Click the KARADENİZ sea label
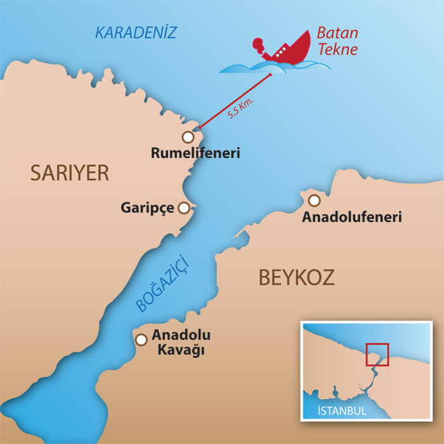click(135, 32)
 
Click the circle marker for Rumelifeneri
click(187, 136)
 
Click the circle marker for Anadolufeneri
click(313, 200)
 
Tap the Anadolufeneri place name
click(352, 218)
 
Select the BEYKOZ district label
click(296, 277)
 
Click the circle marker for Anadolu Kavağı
click(141, 339)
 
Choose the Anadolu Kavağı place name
click(181, 343)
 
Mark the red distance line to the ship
click(236, 100)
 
